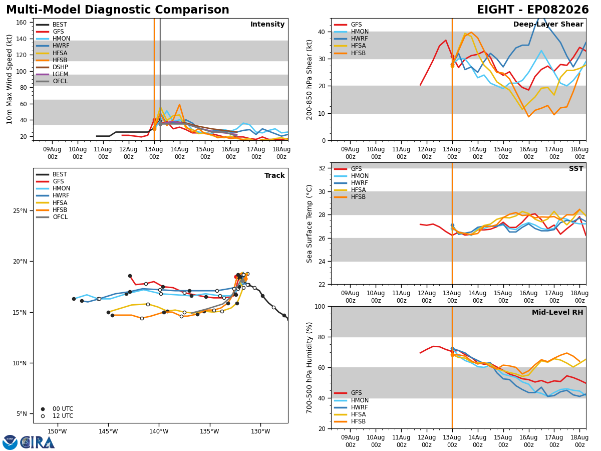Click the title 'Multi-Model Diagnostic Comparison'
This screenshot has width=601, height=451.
[118, 10]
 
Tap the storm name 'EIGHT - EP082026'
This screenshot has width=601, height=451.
[532, 10]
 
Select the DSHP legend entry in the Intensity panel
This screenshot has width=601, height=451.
[52, 67]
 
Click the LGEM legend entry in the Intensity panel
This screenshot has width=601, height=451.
[52, 74]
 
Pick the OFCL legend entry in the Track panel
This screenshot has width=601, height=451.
[52, 217]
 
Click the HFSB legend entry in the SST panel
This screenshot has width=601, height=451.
[350, 197]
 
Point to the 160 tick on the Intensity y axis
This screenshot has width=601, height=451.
[21, 23]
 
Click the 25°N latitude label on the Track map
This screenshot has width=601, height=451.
[20, 211]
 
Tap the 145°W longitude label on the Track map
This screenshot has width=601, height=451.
[108, 431]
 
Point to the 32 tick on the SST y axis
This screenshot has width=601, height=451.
[322, 168]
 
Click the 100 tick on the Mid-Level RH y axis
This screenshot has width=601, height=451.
[320, 307]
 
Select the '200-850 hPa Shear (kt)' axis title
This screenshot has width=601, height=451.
[310, 80]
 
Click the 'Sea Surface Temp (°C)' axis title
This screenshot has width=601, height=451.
[310, 223]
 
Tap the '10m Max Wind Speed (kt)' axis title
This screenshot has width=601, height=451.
[10, 79]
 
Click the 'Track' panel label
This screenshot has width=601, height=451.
[274, 175]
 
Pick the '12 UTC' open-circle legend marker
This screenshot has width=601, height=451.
[43, 416]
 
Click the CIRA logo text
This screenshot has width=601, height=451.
[38, 442]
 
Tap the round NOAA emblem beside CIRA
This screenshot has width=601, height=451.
[10, 442]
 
